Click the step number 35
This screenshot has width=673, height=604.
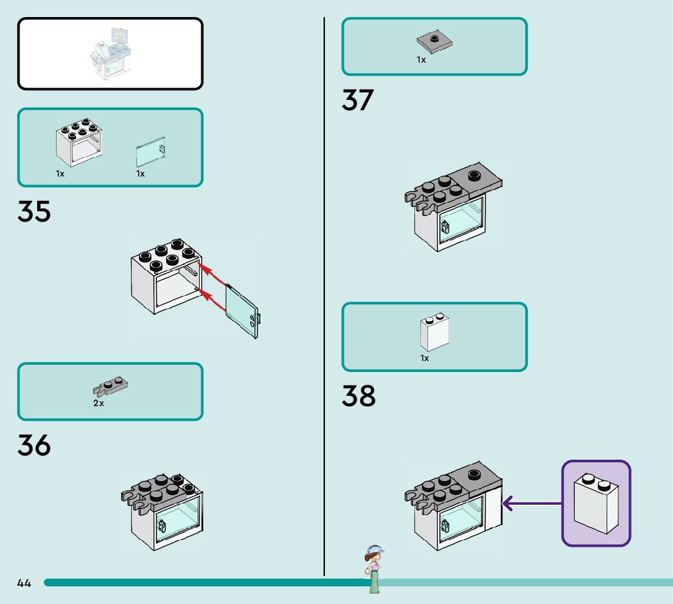(x=34, y=211)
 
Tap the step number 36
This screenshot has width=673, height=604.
(x=34, y=445)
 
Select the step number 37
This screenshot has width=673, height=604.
(x=358, y=100)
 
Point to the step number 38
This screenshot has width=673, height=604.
(x=358, y=396)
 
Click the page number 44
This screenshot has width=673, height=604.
(x=24, y=583)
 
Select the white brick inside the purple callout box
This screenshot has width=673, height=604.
(x=596, y=503)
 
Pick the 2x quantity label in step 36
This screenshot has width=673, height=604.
(x=99, y=403)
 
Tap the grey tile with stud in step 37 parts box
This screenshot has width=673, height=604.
(x=435, y=42)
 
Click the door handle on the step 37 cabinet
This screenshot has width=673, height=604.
(x=444, y=227)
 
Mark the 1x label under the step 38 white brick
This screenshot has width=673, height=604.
(x=425, y=358)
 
